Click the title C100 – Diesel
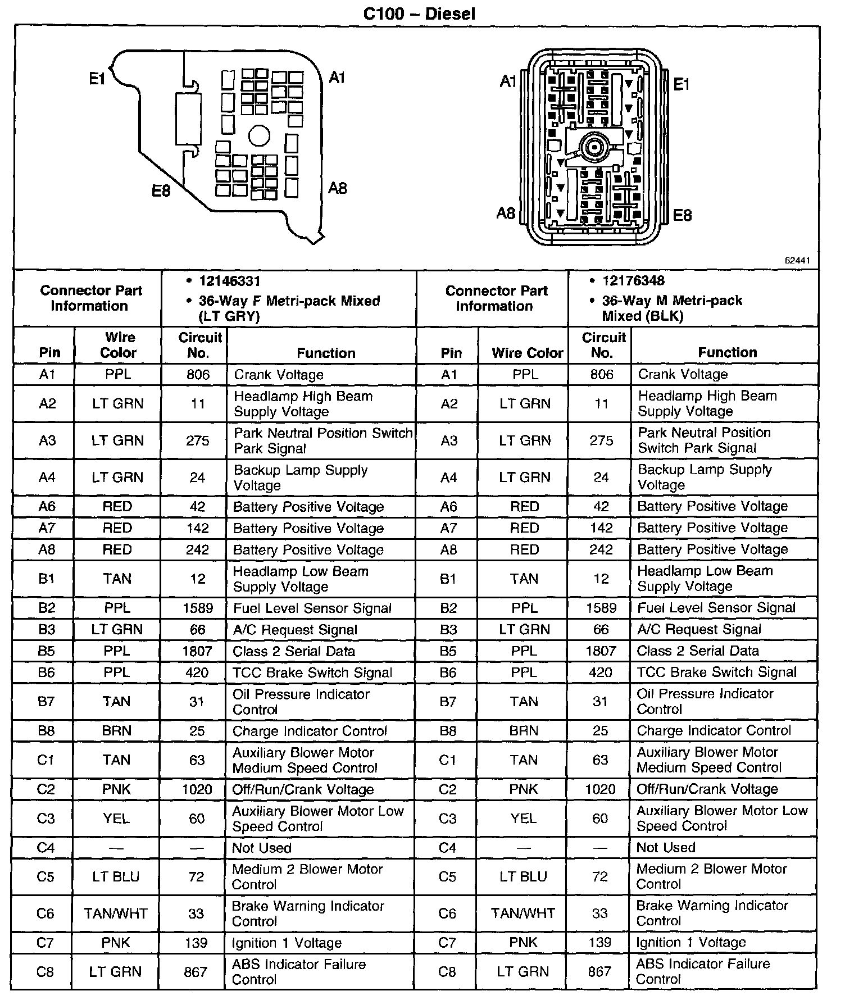click(419, 13)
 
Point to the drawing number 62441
click(797, 261)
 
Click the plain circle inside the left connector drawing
click(259, 136)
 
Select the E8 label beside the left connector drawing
click(161, 191)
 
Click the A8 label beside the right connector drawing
click(506, 213)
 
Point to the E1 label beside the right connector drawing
click(681, 85)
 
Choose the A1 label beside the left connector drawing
click(337, 78)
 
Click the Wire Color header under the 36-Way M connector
click(527, 353)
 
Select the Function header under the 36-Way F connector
click(326, 353)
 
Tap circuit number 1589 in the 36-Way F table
click(198, 608)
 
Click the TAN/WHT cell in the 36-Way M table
click(523, 913)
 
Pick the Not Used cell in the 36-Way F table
click(262, 848)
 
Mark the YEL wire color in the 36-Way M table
click(524, 819)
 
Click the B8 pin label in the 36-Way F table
click(46, 731)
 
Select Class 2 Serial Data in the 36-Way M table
click(698, 651)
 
